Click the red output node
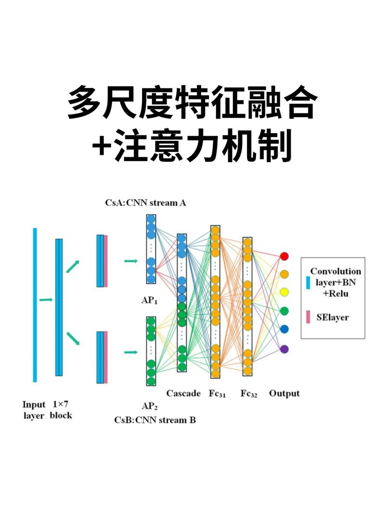click(x=284, y=255)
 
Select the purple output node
click(x=284, y=349)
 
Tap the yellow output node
click(x=284, y=292)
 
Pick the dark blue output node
click(x=284, y=329)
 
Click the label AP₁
click(x=150, y=301)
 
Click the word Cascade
click(x=183, y=393)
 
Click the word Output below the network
click(x=284, y=393)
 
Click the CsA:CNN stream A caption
click(x=146, y=202)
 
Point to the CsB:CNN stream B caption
click(x=155, y=420)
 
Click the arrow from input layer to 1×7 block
click(x=46, y=300)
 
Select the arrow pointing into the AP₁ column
click(x=130, y=261)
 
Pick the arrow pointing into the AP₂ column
click(x=130, y=352)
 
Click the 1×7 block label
click(x=61, y=409)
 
